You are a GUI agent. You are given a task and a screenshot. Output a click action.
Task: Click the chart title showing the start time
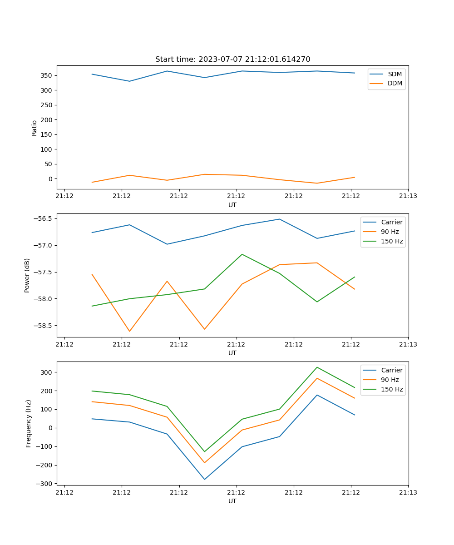coord(232,59)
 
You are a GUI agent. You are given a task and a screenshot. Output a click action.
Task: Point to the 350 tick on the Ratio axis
coord(48,75)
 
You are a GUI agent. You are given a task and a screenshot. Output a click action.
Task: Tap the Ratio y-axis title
coord(35,128)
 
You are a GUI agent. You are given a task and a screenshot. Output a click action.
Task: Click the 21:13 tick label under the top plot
coord(408,196)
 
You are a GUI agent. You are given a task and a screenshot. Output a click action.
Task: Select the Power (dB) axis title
coord(27,275)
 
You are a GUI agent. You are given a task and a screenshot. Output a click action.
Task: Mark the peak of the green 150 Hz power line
coord(242,254)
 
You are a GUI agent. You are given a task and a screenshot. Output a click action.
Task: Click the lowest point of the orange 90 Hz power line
coord(129,331)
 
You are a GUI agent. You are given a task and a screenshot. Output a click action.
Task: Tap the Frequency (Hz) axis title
coord(29,423)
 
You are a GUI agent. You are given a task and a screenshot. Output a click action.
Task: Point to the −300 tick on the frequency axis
coord(46,484)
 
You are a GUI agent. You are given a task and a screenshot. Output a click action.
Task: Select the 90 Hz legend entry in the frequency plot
coord(390,380)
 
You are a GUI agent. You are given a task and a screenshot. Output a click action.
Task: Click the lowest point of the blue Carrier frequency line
coord(204,479)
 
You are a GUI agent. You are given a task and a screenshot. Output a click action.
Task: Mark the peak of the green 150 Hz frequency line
coord(317,367)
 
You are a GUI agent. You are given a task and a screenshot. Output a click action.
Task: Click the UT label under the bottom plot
coord(232,501)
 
